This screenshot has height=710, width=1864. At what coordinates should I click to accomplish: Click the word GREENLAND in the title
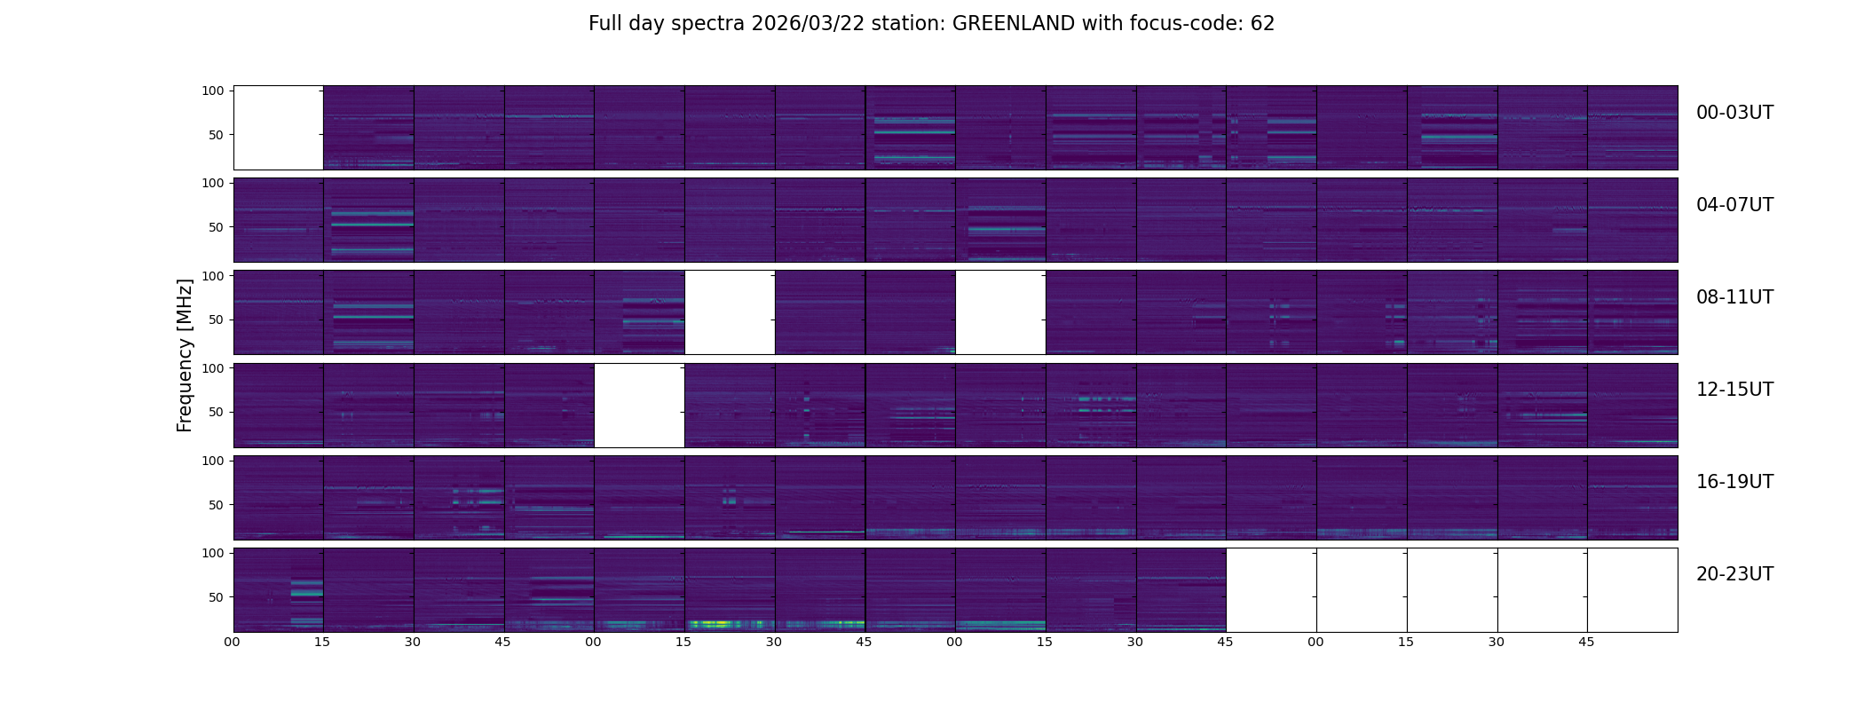1014,24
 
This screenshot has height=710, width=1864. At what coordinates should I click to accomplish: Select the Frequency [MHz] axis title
185,355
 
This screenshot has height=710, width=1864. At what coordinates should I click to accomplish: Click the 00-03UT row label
1734,113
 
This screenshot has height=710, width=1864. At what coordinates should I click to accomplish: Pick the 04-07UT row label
1734,205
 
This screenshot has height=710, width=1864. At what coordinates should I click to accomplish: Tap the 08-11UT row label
1734,297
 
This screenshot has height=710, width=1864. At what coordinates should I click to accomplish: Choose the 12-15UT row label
1734,390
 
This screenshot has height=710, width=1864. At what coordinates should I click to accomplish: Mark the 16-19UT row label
1734,482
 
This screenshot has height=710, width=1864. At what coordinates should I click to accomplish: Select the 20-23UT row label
1734,574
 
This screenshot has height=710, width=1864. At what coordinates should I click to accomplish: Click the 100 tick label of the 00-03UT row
212,91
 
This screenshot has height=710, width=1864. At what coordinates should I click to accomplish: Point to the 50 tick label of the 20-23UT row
216,597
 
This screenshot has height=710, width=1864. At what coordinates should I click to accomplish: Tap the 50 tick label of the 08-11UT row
216,319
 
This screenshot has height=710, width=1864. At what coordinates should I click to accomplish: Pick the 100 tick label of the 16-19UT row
212,461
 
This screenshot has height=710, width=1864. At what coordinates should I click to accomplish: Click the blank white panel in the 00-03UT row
278,128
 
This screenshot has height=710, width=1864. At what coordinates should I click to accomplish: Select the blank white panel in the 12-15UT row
639,406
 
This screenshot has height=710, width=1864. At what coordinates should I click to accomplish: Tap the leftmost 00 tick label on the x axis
233,642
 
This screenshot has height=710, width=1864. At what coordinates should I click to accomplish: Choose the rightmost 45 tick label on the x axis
1587,642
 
